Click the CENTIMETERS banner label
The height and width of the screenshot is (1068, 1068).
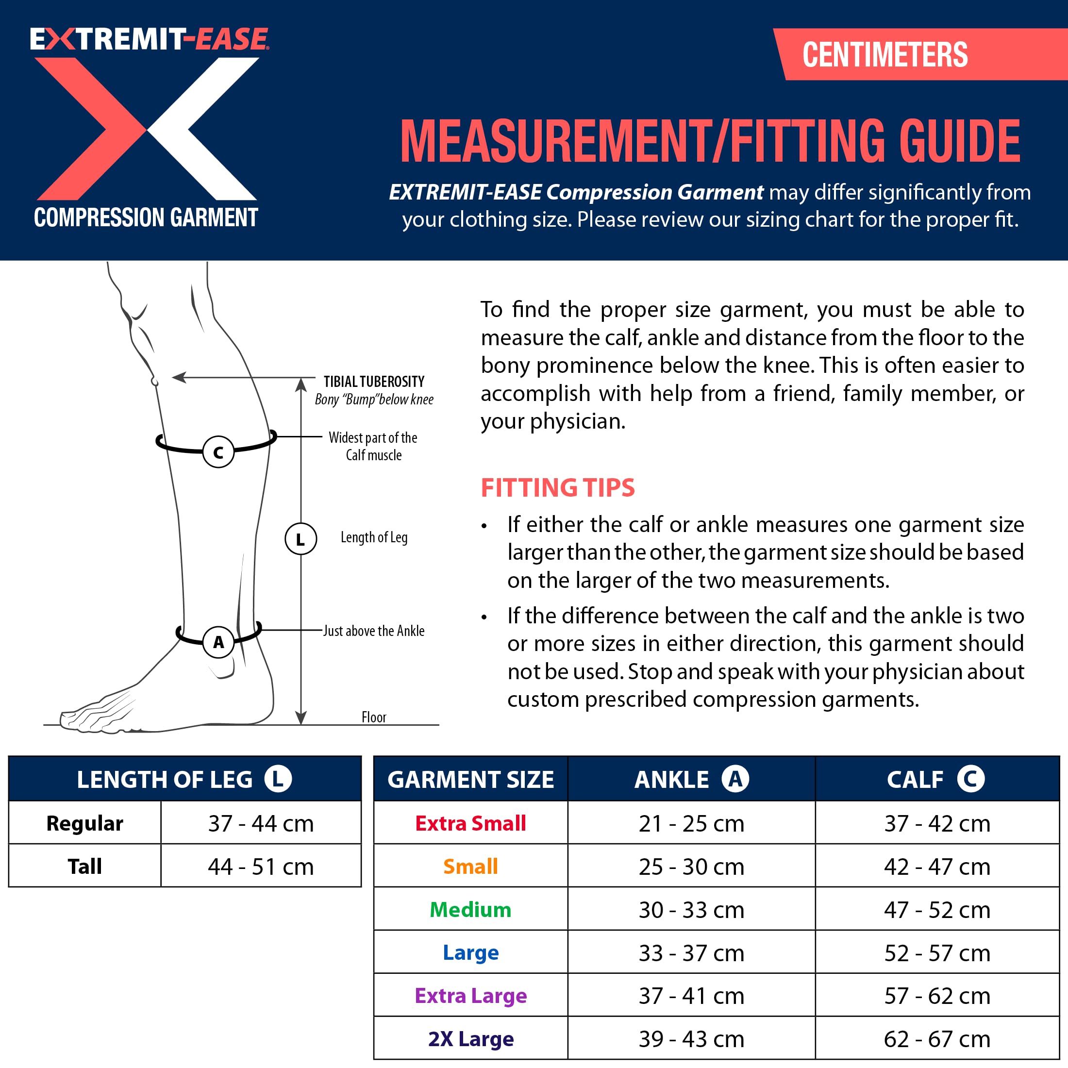coord(884,55)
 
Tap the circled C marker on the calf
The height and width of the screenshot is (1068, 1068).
coord(218,452)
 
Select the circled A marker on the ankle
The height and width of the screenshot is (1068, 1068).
coord(218,642)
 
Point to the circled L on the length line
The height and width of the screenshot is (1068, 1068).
coord(300,539)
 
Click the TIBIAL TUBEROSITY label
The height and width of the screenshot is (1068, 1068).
coord(374,382)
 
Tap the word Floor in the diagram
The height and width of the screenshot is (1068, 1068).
coord(374,717)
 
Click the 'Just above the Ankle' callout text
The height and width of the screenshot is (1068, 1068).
coord(374,631)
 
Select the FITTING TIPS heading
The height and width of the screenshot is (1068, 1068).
coord(557,487)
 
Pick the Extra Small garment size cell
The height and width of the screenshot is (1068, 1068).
coord(470,823)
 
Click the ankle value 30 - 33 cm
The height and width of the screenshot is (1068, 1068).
coord(691,909)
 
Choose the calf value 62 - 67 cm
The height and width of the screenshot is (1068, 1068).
coord(936,1039)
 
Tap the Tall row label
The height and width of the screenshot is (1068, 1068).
coord(84,866)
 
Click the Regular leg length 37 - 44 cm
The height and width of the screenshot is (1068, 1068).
coord(260,823)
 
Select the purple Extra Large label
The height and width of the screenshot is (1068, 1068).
coord(470,996)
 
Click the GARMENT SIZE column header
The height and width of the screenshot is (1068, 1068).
coord(470,779)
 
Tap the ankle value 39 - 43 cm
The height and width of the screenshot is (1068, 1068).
coord(691,1039)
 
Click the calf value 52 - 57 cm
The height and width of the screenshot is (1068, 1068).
coord(936,952)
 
